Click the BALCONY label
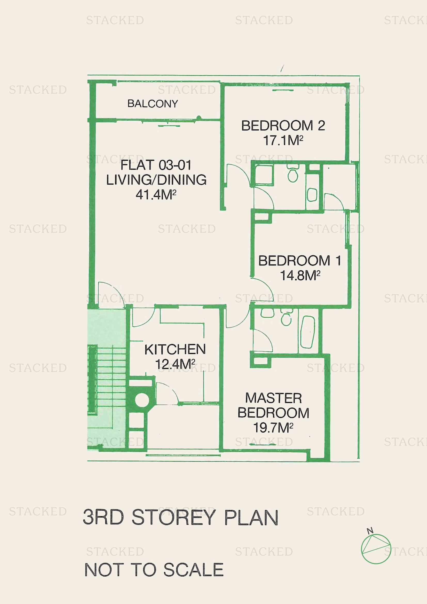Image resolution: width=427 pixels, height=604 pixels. tap(153, 104)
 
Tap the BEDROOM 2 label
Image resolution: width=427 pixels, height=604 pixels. tap(283, 125)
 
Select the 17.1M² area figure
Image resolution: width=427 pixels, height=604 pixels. tap(283, 140)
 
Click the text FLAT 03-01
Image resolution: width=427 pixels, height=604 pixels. tap(156, 165)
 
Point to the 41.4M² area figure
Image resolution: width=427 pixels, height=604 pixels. tap(156, 195)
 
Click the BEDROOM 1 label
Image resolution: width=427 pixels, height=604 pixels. tap(300, 261)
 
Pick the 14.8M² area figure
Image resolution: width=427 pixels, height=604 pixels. tap(300, 276)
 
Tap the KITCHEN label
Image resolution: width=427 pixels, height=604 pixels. tap(175, 349)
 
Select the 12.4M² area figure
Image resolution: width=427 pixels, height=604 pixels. tap(175, 364)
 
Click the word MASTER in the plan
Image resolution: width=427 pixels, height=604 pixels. tap(273, 398)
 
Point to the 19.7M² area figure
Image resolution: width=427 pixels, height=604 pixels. tap(273, 428)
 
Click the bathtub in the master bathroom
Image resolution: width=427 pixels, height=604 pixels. tap(308, 332)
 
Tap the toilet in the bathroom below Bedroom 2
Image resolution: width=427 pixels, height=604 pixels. tap(293, 173)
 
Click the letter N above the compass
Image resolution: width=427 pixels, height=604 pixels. tap(370, 531)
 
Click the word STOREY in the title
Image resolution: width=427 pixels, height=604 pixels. tap(174, 517)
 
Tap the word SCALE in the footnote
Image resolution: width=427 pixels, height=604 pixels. tap(194, 570)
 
